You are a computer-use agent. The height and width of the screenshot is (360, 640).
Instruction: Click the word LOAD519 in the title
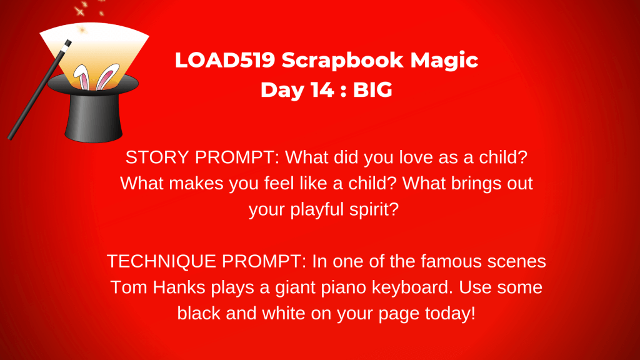pos(225,59)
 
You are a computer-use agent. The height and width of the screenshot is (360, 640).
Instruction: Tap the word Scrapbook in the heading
pos(342,61)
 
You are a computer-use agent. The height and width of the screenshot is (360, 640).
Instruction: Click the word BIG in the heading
pos(372,89)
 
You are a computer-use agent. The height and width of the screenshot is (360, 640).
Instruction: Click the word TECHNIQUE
pos(161,262)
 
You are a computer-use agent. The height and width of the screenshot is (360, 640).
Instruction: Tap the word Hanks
pos(179,287)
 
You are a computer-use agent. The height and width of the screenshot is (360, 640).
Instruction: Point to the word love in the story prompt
pos(416,157)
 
